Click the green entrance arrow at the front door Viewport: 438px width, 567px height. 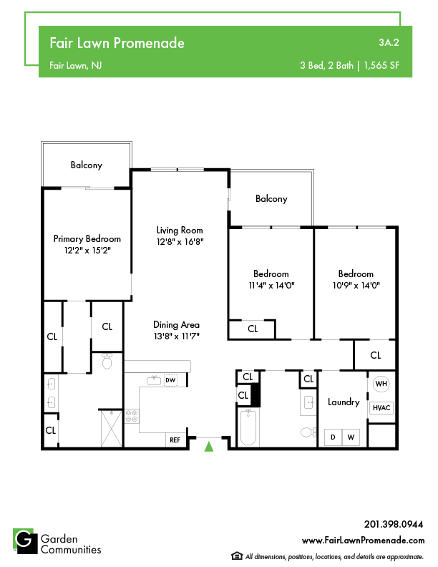coord(209,446)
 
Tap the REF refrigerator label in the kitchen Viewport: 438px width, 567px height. coord(175,440)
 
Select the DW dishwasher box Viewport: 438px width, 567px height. coord(170,380)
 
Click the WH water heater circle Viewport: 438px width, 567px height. coord(381,383)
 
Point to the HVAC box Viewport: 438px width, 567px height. coord(381,408)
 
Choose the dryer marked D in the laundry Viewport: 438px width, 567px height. coord(333,437)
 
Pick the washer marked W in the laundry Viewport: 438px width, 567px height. coord(351,437)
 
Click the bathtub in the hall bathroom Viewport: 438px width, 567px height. coord(248,427)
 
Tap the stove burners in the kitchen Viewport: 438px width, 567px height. coord(132,416)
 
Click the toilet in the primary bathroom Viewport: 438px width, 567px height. coord(107,361)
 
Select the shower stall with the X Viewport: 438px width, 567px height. coord(112,429)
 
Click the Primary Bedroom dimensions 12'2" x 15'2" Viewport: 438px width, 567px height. coord(87,251)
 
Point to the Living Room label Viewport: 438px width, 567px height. coord(180,231)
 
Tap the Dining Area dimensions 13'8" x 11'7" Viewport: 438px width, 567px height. coord(176,336)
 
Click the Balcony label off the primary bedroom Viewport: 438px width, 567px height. coord(87,165)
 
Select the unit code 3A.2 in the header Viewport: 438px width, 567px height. coord(389,42)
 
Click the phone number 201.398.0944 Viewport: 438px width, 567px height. coord(394,524)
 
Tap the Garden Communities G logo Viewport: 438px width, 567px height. coord(25,541)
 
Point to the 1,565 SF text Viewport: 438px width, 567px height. coord(381,65)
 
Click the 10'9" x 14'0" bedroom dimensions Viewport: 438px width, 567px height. coord(356,286)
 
